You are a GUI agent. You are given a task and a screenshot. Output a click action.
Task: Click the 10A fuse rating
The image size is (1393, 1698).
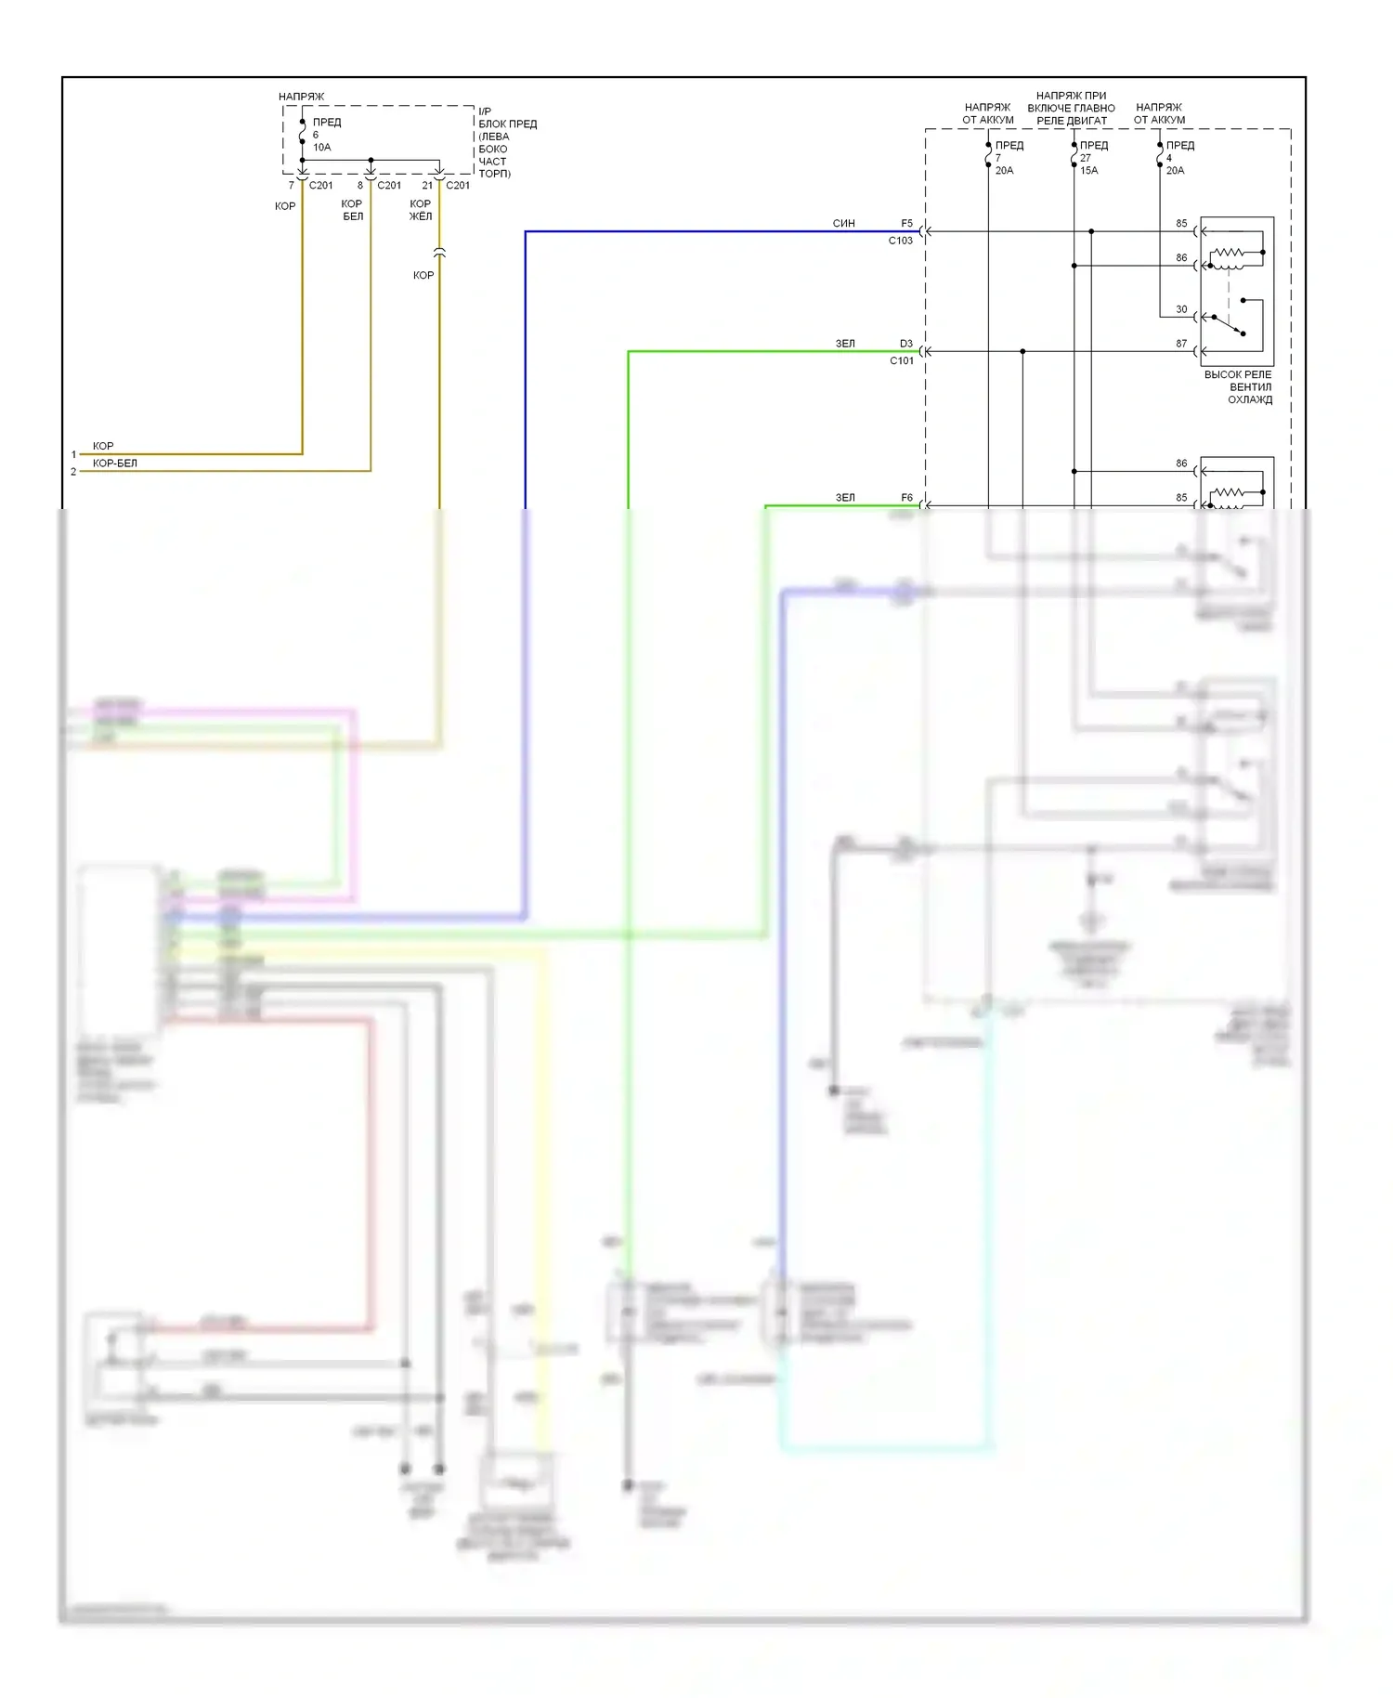tap(321, 148)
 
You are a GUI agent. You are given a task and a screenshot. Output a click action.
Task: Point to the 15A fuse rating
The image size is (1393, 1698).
tap(1088, 171)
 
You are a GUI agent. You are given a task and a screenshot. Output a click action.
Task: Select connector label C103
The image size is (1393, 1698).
tap(900, 241)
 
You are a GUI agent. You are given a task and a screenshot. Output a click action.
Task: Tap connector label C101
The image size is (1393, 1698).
tap(901, 361)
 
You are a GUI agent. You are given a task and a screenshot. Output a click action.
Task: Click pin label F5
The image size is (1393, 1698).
tap(906, 224)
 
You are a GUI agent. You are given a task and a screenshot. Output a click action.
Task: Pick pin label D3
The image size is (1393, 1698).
tap(905, 344)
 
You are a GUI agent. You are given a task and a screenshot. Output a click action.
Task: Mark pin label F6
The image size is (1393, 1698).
tap(906, 498)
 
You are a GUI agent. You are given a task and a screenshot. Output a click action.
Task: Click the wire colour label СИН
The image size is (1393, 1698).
tap(843, 224)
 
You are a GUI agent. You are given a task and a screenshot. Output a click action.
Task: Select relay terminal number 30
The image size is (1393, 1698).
tap(1181, 309)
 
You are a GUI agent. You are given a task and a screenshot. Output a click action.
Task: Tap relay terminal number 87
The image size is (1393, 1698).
tap(1181, 344)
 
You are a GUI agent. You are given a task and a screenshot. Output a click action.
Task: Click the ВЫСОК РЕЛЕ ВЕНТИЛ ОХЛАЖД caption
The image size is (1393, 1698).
tap(1239, 387)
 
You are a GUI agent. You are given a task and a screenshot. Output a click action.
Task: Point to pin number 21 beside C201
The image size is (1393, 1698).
tap(427, 186)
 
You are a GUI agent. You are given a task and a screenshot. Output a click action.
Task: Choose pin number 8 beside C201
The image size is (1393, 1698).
tap(360, 186)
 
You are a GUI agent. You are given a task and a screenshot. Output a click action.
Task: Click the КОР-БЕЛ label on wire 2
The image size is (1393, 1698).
tap(114, 464)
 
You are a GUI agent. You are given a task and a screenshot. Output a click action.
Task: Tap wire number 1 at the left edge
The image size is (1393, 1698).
tap(73, 455)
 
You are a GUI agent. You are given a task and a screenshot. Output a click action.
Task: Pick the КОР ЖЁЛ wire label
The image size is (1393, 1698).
tap(421, 211)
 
